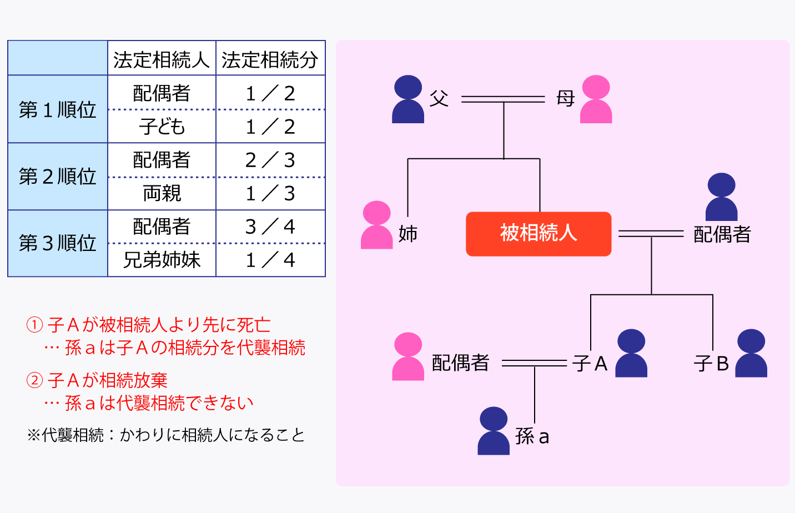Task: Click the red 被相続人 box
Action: [538, 234]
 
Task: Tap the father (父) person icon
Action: [408, 99]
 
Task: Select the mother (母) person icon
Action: [596, 99]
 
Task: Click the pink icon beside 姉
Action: [376, 225]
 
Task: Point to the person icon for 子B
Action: [751, 354]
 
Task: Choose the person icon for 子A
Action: [631, 354]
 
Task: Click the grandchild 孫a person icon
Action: [494, 431]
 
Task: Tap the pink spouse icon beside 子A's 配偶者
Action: [408, 356]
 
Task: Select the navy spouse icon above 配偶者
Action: [721, 197]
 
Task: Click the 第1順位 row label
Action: [58, 109]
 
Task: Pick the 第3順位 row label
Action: [58, 243]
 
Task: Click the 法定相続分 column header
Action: [270, 59]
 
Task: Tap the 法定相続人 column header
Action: [162, 59]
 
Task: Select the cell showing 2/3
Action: [270, 160]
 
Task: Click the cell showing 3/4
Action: [270, 227]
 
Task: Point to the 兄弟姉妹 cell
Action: [162, 260]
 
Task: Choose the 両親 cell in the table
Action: [162, 193]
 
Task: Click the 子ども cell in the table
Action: [162, 127]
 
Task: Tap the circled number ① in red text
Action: [34, 325]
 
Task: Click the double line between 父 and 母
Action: [503, 99]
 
